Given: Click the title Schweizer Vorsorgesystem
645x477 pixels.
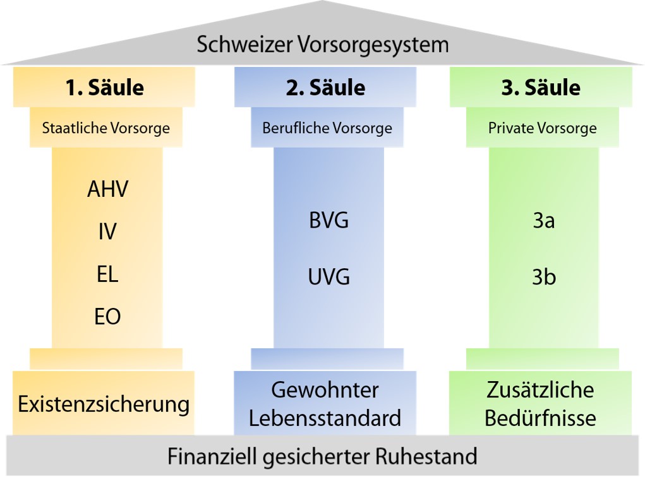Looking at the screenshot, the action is click(x=322, y=45).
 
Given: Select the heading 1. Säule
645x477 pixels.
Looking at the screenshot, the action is click(x=104, y=88).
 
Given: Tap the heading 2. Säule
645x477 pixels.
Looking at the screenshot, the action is click(x=325, y=88).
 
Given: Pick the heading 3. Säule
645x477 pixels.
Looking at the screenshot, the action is click(x=541, y=88).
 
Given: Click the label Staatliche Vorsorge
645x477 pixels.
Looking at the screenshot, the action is click(x=105, y=128).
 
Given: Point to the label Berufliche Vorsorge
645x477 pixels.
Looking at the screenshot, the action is click(x=327, y=128).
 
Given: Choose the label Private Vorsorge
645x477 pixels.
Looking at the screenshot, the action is click(x=542, y=128).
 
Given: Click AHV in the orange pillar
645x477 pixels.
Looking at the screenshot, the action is click(x=108, y=189).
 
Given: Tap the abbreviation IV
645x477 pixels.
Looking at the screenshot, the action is click(x=107, y=232).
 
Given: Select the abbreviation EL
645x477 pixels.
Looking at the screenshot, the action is click(x=107, y=274).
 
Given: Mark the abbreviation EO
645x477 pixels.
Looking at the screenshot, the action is click(x=107, y=317).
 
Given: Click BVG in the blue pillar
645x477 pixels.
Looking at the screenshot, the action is click(x=329, y=220).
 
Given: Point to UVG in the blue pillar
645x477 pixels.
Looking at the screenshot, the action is click(x=329, y=276).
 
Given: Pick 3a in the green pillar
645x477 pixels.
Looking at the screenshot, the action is click(x=544, y=220).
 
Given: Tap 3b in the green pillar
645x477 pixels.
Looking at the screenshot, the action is click(x=544, y=276).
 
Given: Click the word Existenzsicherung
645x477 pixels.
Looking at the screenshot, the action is click(x=104, y=404).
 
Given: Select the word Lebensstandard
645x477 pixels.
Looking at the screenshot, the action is click(x=325, y=418).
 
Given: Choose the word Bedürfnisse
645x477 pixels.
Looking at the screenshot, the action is click(x=540, y=418).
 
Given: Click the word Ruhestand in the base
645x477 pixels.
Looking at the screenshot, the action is click(x=426, y=456).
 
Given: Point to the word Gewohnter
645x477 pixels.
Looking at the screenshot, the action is click(x=325, y=390).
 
